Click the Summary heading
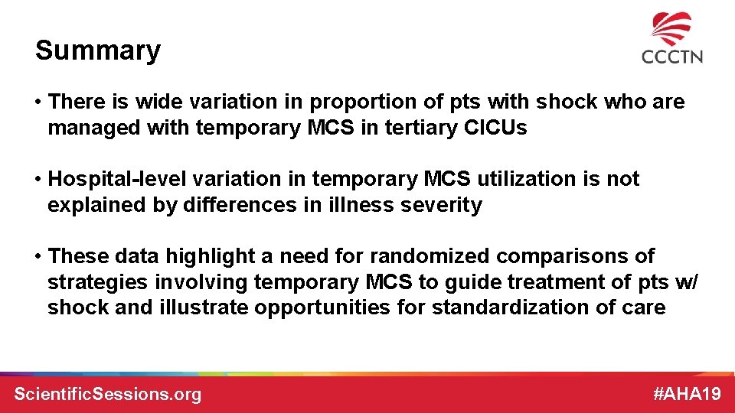click(98, 50)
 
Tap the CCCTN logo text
click(671, 57)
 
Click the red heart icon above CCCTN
click(671, 29)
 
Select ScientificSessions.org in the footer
click(108, 394)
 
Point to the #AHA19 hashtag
click(687, 394)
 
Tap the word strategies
click(97, 282)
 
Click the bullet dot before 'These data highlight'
click(38, 256)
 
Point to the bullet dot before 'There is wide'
click(38, 102)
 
